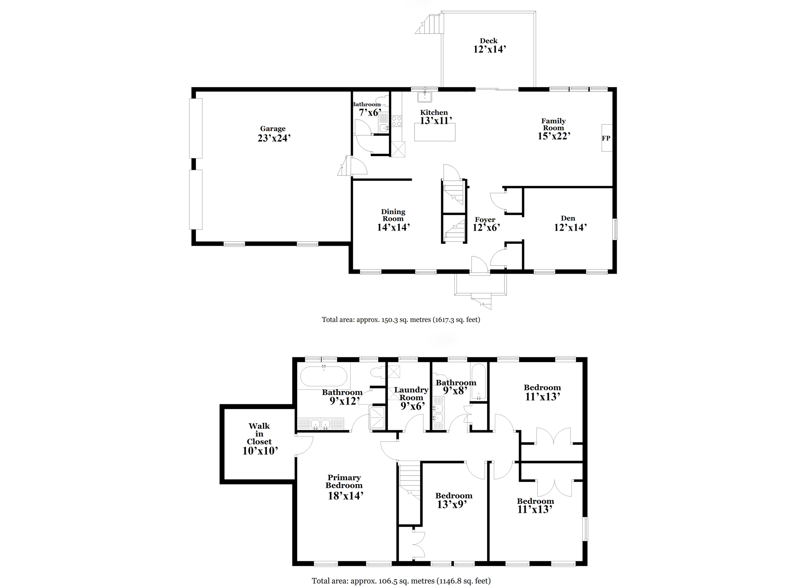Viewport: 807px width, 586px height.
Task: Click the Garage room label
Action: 273,129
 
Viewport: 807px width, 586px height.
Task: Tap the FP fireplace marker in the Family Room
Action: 606,138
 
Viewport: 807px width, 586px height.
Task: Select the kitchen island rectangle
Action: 435,132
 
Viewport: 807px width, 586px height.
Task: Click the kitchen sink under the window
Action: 424,96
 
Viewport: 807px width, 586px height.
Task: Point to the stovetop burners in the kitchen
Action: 396,121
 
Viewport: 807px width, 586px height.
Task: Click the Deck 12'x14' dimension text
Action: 489,49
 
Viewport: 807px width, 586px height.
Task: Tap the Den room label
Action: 568,218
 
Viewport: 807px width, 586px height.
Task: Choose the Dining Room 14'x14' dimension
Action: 393,227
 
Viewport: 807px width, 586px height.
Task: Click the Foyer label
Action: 485,220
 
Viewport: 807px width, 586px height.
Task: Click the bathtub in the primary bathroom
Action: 324,376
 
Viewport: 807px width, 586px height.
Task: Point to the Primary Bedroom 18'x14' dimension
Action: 346,496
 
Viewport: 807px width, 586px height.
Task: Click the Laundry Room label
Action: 411,394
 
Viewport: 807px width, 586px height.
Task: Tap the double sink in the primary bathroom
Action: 320,424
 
